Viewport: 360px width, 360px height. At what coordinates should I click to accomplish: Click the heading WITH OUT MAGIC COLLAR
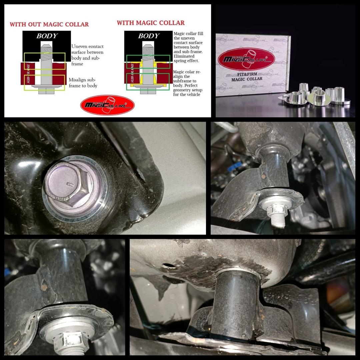coord(49,24)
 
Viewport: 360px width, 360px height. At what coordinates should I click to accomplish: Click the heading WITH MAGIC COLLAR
coord(151,23)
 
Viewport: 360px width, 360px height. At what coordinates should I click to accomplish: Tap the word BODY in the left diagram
coord(47,36)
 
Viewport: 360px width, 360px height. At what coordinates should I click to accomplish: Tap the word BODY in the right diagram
coord(149,36)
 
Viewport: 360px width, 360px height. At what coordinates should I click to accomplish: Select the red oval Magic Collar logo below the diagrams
coord(107,105)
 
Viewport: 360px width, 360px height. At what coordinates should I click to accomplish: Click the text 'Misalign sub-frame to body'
coord(82,83)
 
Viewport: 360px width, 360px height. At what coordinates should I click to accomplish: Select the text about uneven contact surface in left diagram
coord(87,55)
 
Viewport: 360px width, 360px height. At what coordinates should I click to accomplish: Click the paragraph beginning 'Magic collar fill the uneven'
coord(188,47)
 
